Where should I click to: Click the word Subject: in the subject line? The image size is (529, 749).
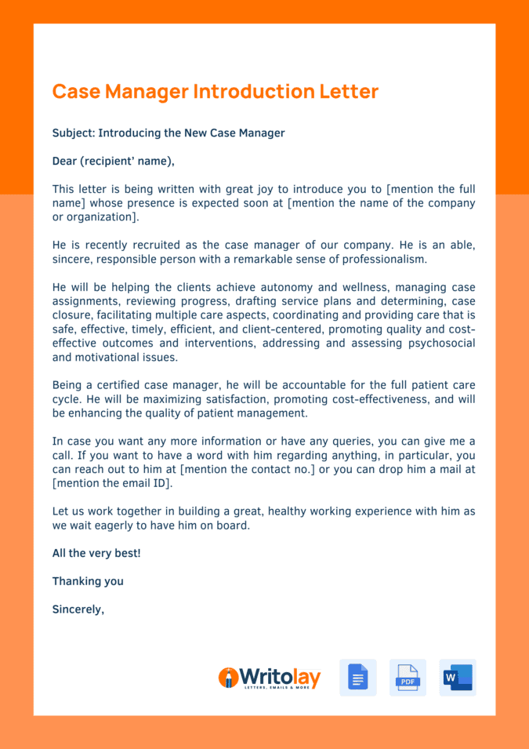pyautogui.click(x=73, y=133)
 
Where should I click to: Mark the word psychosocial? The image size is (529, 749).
pyautogui.click(x=436, y=343)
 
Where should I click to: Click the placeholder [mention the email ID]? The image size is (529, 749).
pyautogui.click(x=112, y=483)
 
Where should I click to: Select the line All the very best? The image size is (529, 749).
pyautogui.click(x=96, y=553)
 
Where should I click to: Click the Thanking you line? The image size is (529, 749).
pyautogui.click(x=88, y=581)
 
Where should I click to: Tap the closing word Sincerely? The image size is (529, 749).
pyautogui.click(x=78, y=609)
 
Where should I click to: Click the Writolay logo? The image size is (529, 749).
pyautogui.click(x=269, y=678)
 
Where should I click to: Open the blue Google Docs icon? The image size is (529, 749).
pyautogui.click(x=357, y=678)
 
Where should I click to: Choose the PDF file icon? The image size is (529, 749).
pyautogui.click(x=408, y=678)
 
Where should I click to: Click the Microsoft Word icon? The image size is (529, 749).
pyautogui.click(x=457, y=678)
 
